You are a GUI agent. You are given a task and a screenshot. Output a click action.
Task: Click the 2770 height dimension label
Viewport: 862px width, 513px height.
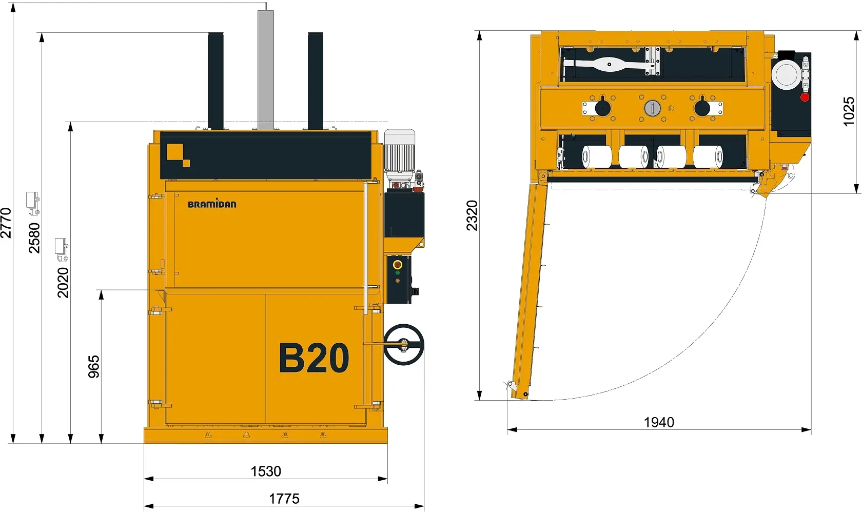tap(6, 223)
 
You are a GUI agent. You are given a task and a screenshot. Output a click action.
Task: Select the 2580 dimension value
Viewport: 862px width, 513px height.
tap(34, 238)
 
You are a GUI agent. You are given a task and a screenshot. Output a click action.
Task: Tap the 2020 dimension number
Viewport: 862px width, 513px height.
tap(63, 283)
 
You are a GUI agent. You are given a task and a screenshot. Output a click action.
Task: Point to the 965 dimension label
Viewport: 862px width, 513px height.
tap(93, 367)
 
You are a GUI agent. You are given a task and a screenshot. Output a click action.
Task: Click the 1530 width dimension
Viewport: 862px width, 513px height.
tap(266, 471)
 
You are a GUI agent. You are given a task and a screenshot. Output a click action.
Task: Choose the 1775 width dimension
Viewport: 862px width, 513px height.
tap(284, 499)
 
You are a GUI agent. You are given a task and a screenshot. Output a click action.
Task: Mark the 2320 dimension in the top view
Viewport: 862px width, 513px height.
tap(472, 215)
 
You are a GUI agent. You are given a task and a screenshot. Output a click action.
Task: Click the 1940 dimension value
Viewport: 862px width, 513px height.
tap(659, 423)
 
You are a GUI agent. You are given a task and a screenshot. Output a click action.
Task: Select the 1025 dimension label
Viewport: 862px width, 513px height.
tap(849, 111)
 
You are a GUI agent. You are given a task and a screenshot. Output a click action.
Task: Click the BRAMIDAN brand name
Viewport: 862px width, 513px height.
tap(212, 204)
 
